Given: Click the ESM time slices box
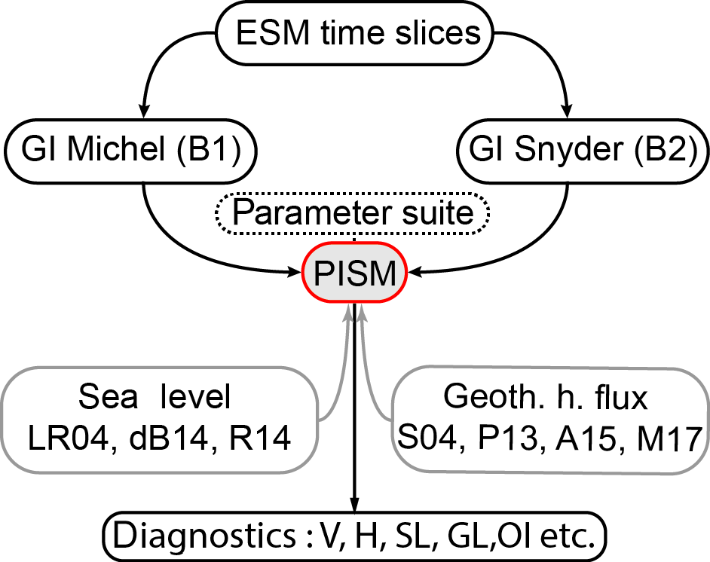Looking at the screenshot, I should tap(355, 32).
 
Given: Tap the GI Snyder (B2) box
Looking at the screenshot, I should tap(583, 151).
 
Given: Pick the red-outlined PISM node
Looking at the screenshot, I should tap(354, 273).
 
